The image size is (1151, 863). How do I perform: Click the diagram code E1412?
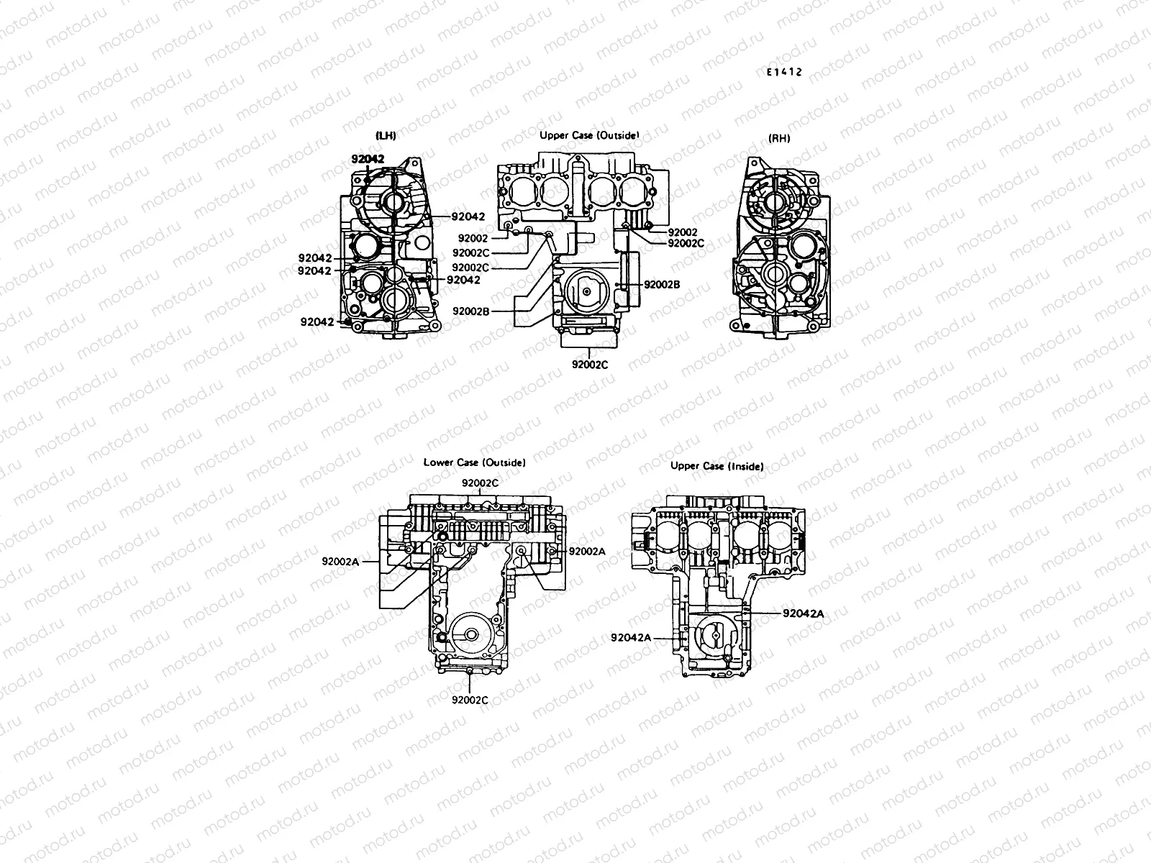(783, 73)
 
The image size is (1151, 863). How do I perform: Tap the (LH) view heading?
(386, 135)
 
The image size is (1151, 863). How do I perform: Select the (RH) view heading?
(779, 138)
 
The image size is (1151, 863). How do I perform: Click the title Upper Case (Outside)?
(589, 135)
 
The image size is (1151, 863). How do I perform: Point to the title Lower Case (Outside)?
(474, 462)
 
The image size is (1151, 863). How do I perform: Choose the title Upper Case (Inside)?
(716, 466)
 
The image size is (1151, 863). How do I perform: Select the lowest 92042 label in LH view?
(317, 321)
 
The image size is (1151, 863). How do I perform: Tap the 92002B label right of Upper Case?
(662, 284)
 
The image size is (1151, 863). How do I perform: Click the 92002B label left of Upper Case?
(471, 311)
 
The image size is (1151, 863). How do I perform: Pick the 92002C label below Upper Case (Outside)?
(590, 365)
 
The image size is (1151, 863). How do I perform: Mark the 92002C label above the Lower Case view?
(480, 483)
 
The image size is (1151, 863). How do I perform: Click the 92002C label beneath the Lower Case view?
(470, 699)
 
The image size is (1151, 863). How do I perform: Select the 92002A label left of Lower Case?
(340, 562)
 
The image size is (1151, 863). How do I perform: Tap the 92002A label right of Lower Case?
(587, 551)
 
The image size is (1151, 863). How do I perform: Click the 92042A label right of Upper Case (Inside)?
(803, 613)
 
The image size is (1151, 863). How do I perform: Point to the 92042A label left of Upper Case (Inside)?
(631, 637)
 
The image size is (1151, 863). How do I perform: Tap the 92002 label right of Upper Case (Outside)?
(683, 232)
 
